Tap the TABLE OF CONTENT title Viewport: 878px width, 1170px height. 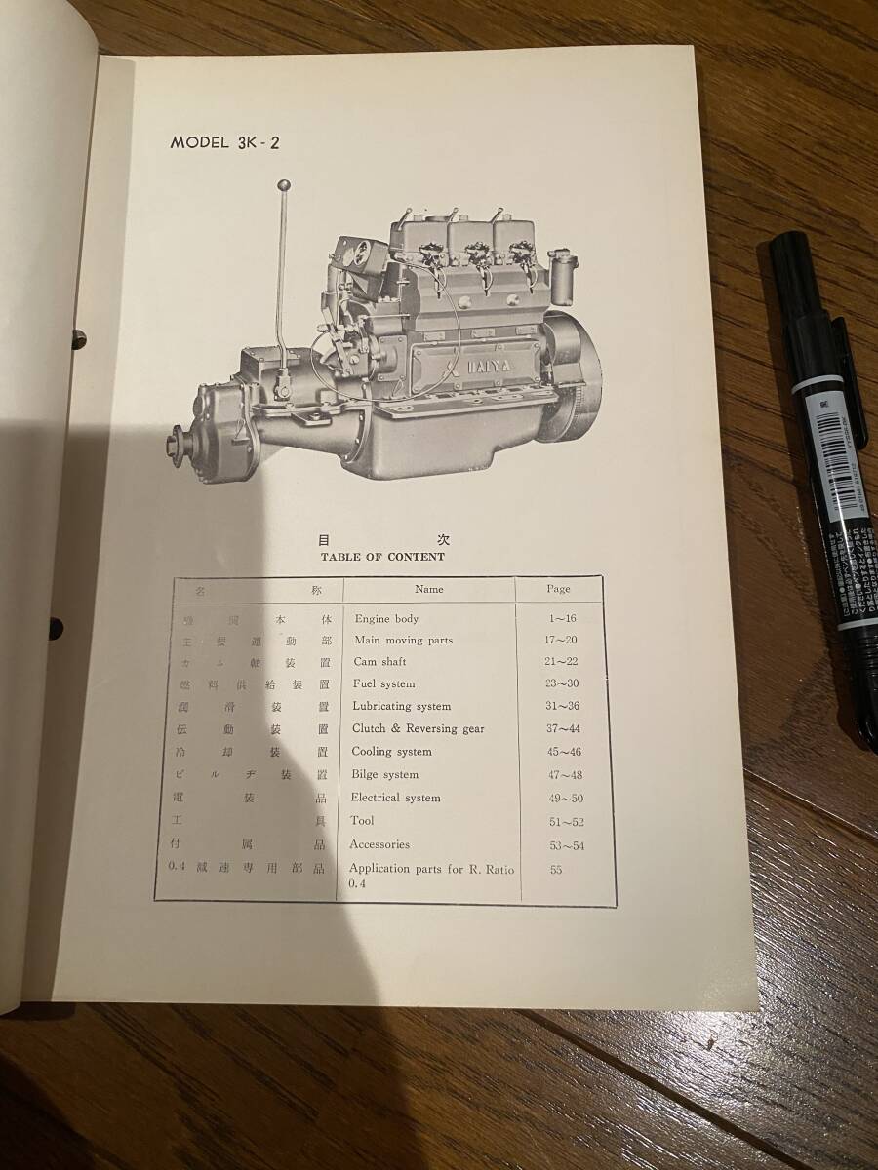click(382, 557)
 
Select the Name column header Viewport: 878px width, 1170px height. click(428, 589)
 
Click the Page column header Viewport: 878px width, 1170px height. click(558, 589)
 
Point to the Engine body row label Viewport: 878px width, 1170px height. click(386, 619)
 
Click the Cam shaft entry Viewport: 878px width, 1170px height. click(378, 661)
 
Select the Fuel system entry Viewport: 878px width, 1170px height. click(384, 683)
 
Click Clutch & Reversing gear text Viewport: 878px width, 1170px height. click(418, 728)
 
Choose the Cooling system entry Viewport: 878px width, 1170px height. click(391, 752)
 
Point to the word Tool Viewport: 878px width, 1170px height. click(362, 821)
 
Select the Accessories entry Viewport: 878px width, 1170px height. click(379, 844)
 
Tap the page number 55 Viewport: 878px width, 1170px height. click(556, 870)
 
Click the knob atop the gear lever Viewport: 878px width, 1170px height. click(284, 185)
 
